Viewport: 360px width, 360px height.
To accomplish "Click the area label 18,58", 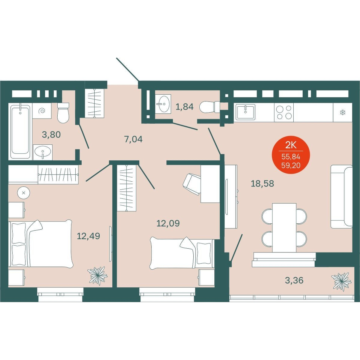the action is (x=262, y=184).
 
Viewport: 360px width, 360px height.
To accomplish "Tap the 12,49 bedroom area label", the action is (x=88, y=236).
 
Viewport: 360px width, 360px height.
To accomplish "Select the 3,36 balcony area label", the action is (x=294, y=280).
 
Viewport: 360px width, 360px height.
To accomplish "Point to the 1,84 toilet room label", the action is (x=184, y=107).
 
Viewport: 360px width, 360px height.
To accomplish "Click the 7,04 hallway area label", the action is (x=133, y=139).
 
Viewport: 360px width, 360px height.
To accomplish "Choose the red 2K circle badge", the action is (x=291, y=155).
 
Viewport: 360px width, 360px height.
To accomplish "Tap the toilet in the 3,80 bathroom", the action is (x=63, y=113).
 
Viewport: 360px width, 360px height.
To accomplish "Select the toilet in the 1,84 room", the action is (x=210, y=107).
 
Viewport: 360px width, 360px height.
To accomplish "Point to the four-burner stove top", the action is (x=284, y=112).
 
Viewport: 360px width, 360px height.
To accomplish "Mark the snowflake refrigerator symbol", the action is (x=343, y=113).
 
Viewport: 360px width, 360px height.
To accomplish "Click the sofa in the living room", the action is (x=341, y=197).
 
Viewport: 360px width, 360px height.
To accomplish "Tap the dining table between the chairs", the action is (x=284, y=228).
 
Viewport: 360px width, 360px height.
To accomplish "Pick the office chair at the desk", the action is (x=192, y=184).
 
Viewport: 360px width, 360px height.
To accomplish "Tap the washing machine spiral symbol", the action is (x=42, y=111).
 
